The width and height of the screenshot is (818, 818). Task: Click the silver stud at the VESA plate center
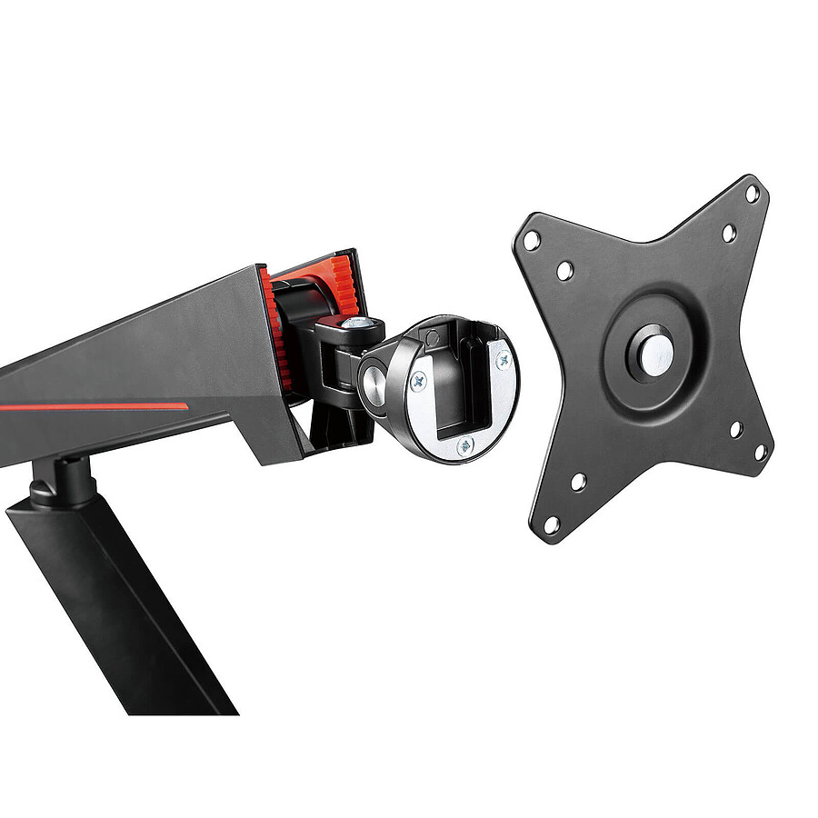pos(655,355)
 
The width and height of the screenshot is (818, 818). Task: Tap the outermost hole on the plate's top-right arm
pos(752,194)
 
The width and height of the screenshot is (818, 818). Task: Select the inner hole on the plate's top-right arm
pos(728,233)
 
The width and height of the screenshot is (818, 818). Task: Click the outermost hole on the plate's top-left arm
pos(532,241)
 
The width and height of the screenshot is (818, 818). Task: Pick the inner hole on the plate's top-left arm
pos(564,270)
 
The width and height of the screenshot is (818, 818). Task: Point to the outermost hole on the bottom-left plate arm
pos(551,524)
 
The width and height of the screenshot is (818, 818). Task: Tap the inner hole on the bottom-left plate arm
pos(578,482)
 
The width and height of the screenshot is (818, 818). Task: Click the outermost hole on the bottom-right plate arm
pos(761,452)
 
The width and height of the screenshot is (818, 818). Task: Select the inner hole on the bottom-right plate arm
pos(735,429)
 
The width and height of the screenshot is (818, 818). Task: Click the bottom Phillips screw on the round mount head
pos(464,445)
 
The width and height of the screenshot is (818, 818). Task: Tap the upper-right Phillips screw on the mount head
pos(502,360)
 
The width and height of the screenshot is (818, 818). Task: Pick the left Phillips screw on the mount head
pos(419,383)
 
